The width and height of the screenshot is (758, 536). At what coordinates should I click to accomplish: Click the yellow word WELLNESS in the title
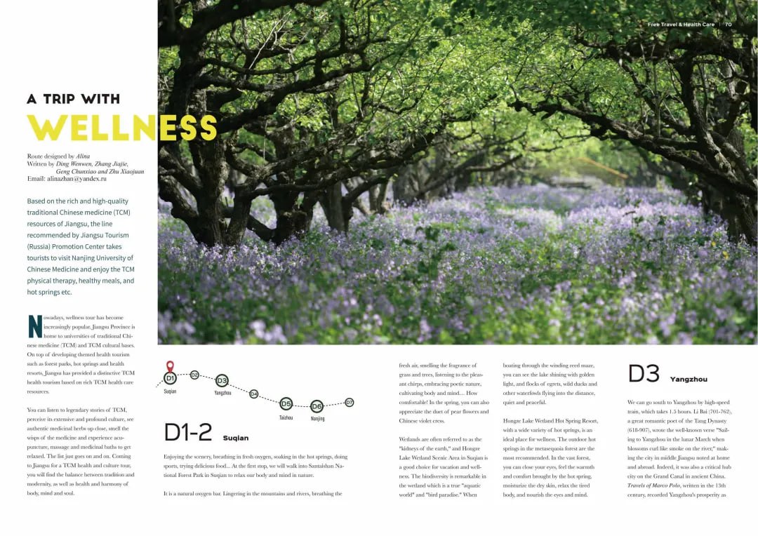121,128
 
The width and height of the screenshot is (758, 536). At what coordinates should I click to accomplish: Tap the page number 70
728,25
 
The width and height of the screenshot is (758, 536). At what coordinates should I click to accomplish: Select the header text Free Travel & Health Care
681,25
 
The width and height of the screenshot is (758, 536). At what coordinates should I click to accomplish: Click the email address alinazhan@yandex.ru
77,179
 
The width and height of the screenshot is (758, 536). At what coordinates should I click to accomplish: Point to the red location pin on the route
170,366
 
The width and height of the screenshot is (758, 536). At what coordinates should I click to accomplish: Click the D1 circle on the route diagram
170,378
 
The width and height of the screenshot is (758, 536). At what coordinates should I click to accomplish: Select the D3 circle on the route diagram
222,380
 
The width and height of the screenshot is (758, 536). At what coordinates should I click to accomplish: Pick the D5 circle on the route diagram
286,403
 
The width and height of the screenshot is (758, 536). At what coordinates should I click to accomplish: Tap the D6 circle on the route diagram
317,406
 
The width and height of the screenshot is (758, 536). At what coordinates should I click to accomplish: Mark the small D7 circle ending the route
349,402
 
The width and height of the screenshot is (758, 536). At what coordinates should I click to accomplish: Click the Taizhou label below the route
286,417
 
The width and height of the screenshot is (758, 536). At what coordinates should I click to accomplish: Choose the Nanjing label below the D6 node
317,419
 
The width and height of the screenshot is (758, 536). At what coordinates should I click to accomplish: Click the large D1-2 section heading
188,433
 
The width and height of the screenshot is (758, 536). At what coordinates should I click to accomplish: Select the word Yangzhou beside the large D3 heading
689,379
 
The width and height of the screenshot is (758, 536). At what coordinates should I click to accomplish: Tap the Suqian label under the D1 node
170,391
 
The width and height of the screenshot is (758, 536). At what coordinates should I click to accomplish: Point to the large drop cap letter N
34,326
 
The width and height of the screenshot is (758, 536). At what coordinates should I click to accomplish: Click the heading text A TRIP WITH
74,99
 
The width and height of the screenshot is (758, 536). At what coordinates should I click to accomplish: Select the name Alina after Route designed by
83,156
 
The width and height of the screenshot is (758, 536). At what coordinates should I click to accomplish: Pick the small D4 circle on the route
253,394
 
